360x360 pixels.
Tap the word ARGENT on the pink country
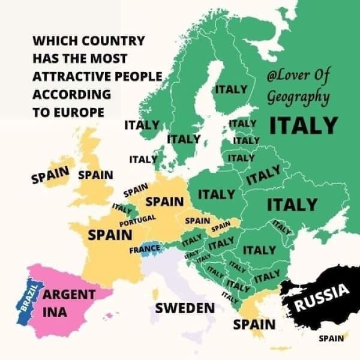click(70, 295)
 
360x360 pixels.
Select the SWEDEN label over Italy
click(185, 308)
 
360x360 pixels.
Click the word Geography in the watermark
click(298, 96)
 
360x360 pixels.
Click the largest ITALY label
click(304, 125)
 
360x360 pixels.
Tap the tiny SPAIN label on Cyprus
click(331, 338)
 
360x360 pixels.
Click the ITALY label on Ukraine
click(292, 205)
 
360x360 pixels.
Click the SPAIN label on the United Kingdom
click(96, 175)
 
